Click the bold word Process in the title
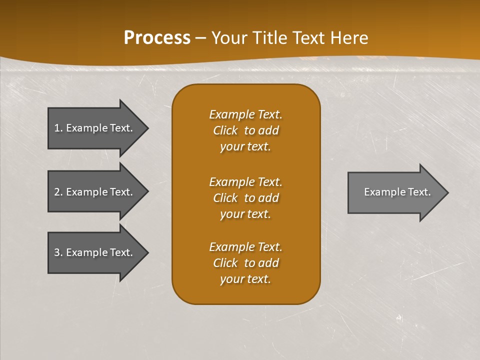pos(157,38)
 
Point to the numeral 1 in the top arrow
pos(56,128)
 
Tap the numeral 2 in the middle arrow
pos(57,192)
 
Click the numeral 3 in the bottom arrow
pos(57,252)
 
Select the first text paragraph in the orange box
pos(245,130)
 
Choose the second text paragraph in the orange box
pos(245,198)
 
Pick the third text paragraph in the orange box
pos(245,263)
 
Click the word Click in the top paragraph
pos(225,130)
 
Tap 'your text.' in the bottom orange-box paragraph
pos(245,279)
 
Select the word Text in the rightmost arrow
pos(419,192)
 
